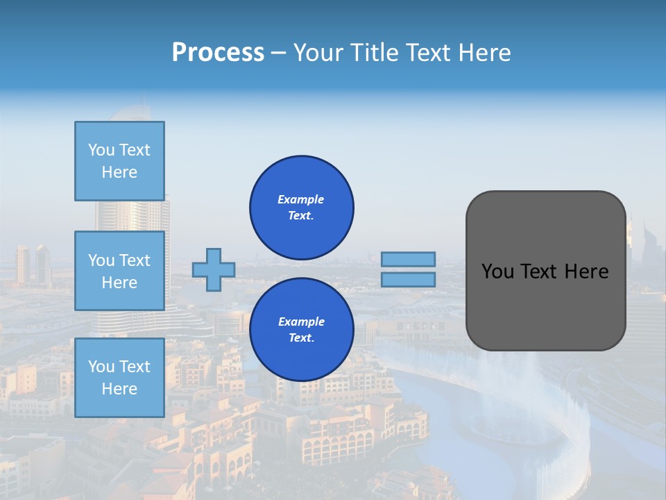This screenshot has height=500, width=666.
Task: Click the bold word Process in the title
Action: pos(218,52)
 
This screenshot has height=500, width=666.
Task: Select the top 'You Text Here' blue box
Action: pos(119,161)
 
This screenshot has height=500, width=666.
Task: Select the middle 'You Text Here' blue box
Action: pos(119,271)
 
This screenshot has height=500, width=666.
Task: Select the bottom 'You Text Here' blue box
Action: pos(119,378)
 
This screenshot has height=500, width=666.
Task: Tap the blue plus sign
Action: pos(214,269)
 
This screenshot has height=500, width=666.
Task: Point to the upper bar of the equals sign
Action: pos(409,259)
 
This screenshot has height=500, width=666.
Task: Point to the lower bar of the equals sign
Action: pos(409,279)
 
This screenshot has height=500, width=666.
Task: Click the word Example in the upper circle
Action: pos(300,199)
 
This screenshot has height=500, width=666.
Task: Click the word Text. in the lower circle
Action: pos(301,337)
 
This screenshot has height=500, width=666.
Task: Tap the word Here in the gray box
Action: pos(586,272)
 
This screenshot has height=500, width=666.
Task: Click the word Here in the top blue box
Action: pos(119,172)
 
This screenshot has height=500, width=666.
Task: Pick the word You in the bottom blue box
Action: pos(101,367)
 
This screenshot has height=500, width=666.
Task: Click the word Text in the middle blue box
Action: pos(135,260)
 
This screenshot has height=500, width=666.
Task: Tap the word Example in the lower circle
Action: pos(301,322)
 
